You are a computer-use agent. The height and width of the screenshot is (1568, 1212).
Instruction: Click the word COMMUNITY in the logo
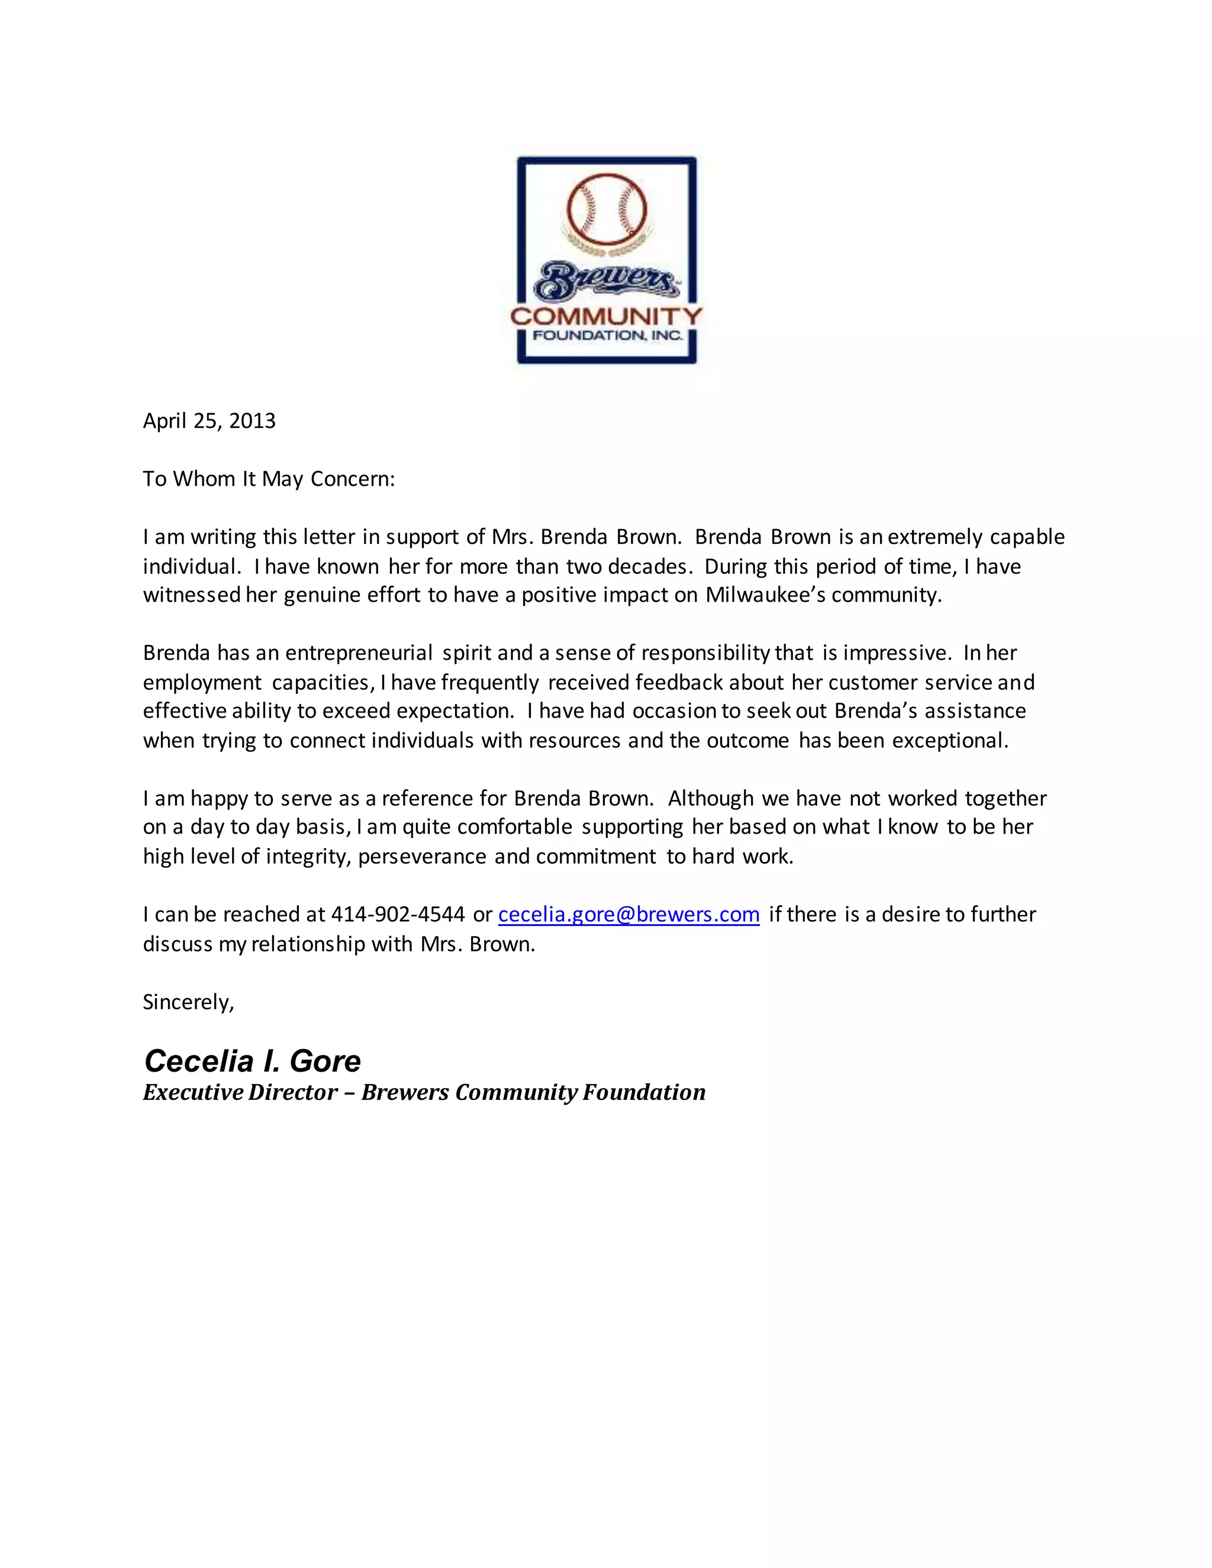pyautogui.click(x=607, y=316)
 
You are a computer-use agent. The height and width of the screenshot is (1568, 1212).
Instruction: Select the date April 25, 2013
pyautogui.click(x=209, y=421)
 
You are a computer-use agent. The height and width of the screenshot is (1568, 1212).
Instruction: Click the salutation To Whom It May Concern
pyautogui.click(x=269, y=479)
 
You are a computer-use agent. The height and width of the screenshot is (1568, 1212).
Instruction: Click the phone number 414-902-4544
pyautogui.click(x=398, y=915)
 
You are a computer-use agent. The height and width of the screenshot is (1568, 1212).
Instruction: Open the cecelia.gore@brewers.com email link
pyautogui.click(x=628, y=915)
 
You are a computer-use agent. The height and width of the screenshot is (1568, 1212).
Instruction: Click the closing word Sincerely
pyautogui.click(x=188, y=1002)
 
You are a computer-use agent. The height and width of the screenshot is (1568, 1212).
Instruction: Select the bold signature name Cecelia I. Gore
pyautogui.click(x=252, y=1061)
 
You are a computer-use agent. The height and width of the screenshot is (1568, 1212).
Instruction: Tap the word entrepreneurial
pyautogui.click(x=359, y=653)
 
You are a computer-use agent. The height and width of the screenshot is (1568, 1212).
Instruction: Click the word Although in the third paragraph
pyautogui.click(x=711, y=798)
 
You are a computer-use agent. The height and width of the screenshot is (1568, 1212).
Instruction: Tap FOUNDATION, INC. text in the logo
pyautogui.click(x=607, y=335)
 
